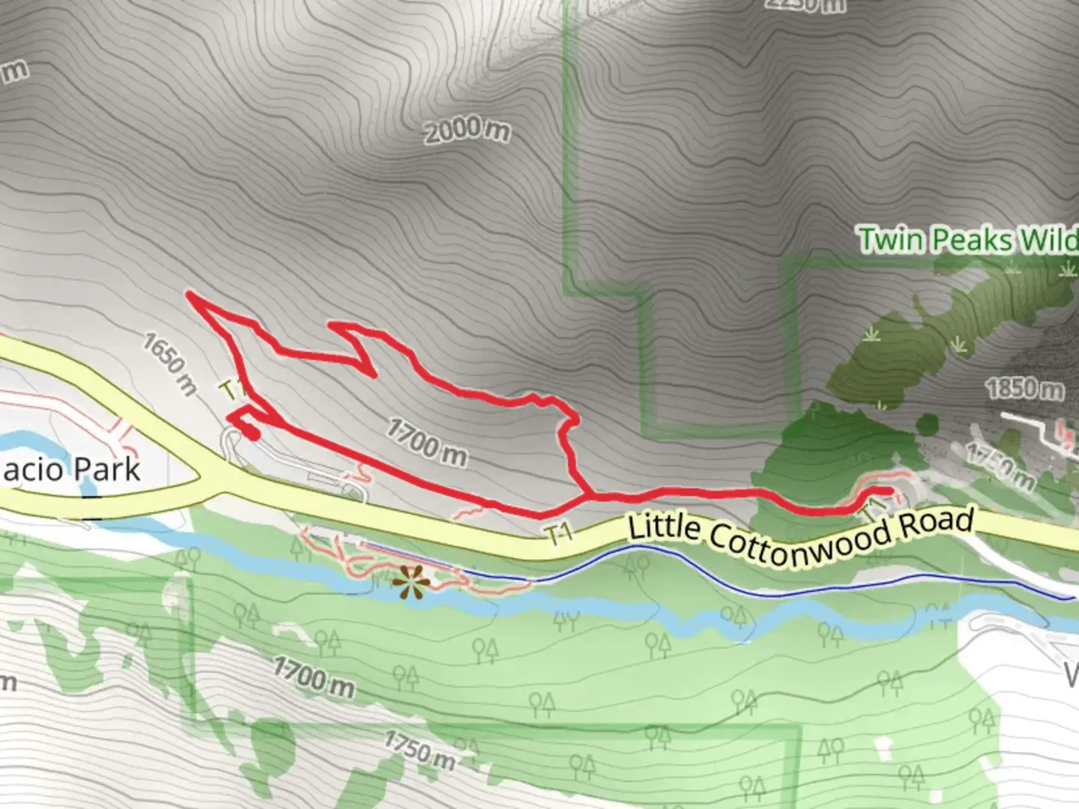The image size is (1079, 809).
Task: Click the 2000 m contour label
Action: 466,131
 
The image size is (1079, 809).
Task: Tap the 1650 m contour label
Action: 170,364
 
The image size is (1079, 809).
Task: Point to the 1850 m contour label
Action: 1024,389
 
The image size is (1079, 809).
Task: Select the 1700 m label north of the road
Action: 426,441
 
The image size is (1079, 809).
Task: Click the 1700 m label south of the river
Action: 313,676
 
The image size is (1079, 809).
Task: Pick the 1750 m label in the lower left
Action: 420,750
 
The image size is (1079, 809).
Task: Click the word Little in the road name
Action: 663,527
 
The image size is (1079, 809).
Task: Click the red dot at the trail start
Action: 252,433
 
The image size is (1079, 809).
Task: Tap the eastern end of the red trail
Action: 889,491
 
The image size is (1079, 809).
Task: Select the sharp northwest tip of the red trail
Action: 190,296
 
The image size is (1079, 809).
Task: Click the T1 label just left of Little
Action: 559,533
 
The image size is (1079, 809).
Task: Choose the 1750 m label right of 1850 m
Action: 1000,467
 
